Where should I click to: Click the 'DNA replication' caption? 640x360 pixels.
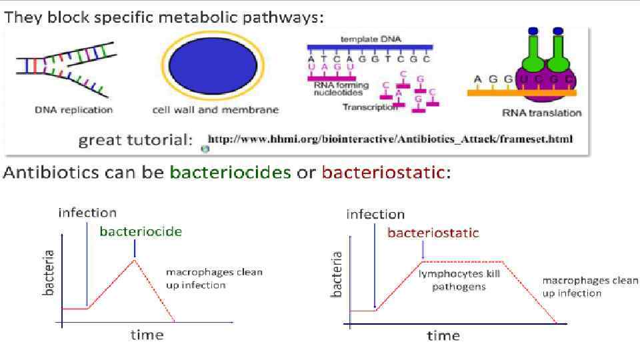tap(74, 110)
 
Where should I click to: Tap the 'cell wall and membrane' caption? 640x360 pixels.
tap(215, 110)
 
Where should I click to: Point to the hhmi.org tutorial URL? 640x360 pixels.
tap(390, 139)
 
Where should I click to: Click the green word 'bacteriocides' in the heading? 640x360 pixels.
tap(230, 173)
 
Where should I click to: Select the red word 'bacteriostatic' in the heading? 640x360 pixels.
tap(383, 173)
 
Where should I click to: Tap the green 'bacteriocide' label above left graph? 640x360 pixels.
tap(141, 231)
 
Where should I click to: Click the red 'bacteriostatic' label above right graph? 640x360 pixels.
tap(433, 233)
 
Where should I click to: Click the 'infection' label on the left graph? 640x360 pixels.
tap(87, 213)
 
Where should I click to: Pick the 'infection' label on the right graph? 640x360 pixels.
tap(375, 214)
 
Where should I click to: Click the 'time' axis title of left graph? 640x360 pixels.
tap(147, 334)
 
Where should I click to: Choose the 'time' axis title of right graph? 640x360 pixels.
tap(443, 335)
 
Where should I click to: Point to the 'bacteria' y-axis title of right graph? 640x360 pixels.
tap(337, 273)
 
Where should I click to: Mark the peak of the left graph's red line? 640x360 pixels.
tap(134, 259)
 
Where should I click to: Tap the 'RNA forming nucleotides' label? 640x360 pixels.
tap(340, 89)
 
